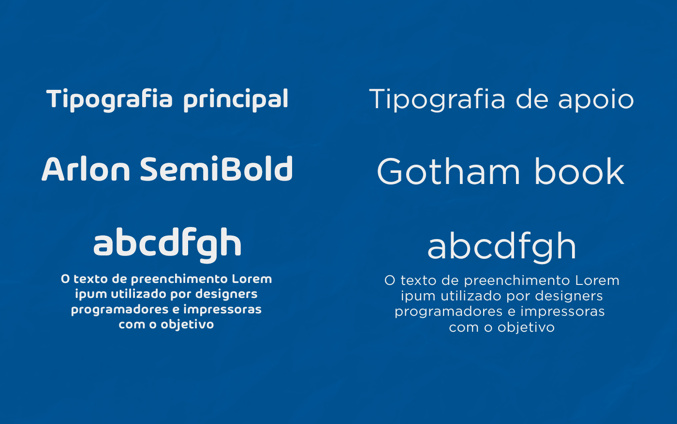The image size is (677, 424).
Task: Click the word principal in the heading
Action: point(236,100)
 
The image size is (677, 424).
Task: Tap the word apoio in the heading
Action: point(596,100)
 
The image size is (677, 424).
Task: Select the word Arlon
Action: point(86,169)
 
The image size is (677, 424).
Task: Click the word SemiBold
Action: point(217,169)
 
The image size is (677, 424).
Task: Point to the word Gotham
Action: point(449,171)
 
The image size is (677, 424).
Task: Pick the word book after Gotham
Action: point(579,171)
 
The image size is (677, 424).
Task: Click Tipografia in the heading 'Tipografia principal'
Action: point(109,100)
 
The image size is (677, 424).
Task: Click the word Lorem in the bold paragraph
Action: point(252,279)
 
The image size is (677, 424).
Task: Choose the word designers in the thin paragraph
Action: point(569,296)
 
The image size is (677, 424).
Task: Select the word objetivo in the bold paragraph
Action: point(187,325)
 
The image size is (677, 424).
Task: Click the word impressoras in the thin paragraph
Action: point(562,311)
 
